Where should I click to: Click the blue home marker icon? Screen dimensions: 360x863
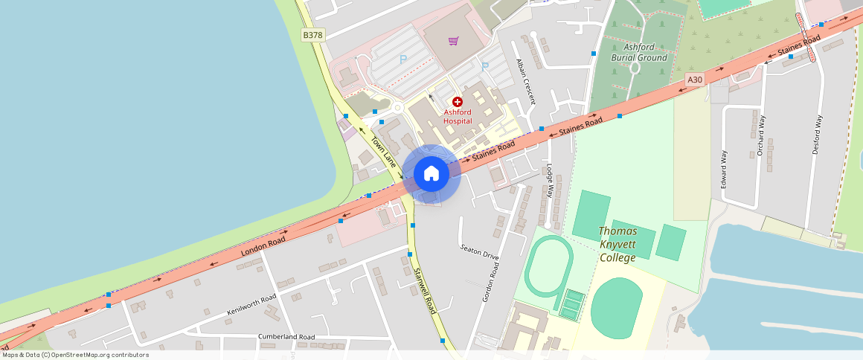(431, 174)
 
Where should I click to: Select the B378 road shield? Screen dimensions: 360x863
(312, 35)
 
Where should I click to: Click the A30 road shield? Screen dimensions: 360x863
(694, 80)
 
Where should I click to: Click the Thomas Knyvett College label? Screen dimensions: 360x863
(617, 244)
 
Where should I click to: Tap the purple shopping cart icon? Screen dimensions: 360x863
(453, 40)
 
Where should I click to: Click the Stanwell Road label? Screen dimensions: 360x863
(424, 290)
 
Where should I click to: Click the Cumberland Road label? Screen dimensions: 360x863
(286, 337)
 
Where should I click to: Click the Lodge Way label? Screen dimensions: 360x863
(550, 181)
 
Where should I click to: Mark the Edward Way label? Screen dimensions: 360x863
(723, 169)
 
